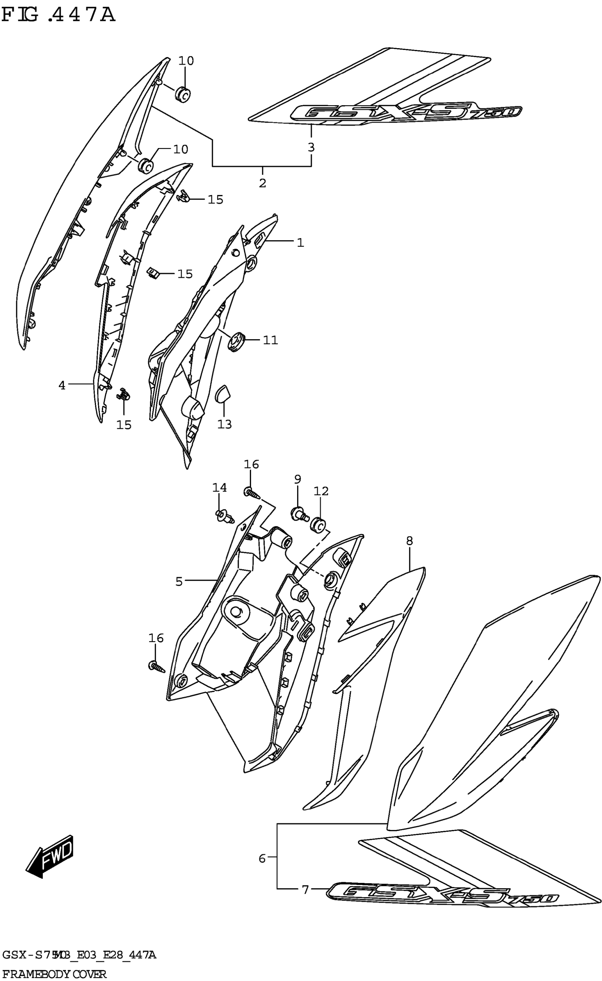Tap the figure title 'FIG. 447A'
[x=58, y=16]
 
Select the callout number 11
[x=270, y=340]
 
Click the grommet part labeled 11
[x=236, y=341]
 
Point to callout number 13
[x=224, y=424]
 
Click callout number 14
[x=220, y=487]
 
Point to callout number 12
[x=321, y=491]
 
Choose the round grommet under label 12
[x=318, y=526]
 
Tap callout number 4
[x=62, y=385]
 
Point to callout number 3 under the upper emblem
[x=311, y=147]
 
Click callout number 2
[x=262, y=183]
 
